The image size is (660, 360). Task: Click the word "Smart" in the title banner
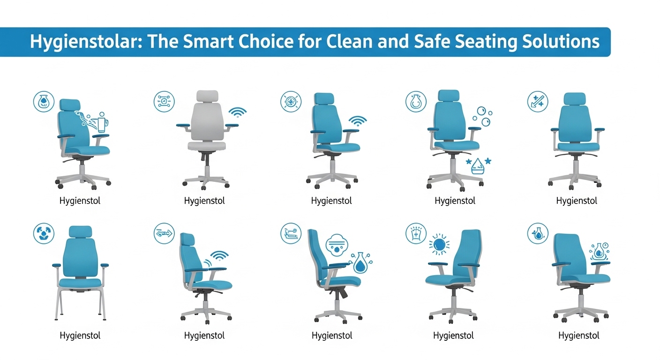point(208,41)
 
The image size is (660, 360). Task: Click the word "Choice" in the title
point(266,41)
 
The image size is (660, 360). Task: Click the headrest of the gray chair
point(208,97)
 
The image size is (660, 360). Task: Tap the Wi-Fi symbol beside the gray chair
point(238,112)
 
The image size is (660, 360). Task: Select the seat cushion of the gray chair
point(207,145)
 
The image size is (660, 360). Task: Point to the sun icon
point(439,244)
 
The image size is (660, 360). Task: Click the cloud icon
point(337,245)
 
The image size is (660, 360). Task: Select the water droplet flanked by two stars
point(478,166)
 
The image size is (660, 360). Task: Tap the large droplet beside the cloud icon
point(360,263)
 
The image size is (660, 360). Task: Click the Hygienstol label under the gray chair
point(204,201)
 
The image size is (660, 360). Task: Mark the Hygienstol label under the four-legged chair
point(80,336)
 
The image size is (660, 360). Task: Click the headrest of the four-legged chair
point(81,232)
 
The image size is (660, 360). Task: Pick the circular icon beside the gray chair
point(164,102)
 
